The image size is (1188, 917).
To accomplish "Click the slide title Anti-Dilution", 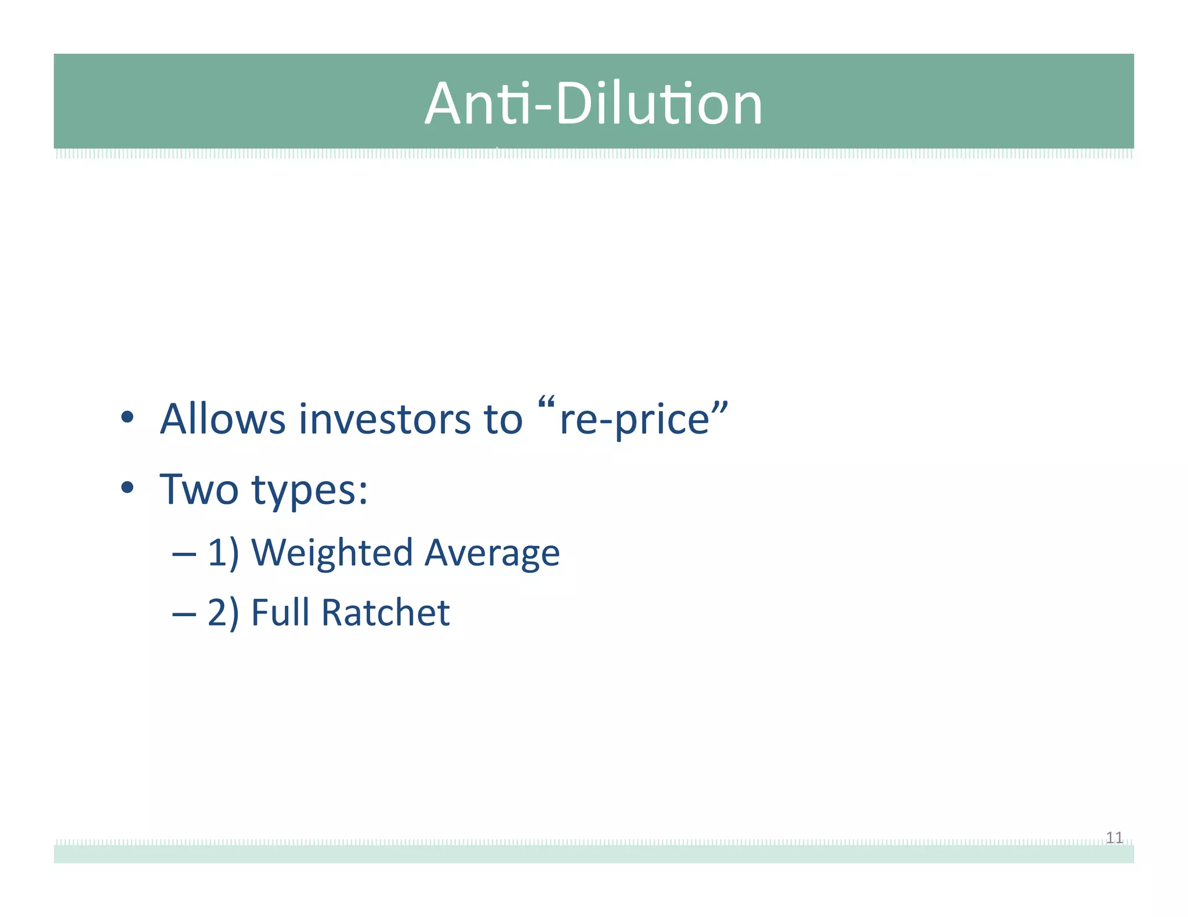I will (593, 104).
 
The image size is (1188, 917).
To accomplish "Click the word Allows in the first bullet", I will (223, 419).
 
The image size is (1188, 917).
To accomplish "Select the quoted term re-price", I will (635, 419).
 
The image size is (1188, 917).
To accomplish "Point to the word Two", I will (199, 489).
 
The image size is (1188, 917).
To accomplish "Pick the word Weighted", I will (332, 553).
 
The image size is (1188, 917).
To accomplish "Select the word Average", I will (492, 553).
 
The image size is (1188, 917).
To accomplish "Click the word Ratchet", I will (385, 612).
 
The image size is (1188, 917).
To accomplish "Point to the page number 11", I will (1114, 838).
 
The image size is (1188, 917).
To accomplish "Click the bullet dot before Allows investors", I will (128, 417).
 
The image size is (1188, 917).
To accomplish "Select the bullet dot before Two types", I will (128, 488).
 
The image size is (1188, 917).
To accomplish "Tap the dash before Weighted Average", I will (184, 554).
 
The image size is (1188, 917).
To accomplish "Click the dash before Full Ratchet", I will (184, 614).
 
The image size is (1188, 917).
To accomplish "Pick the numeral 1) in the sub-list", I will (223, 553).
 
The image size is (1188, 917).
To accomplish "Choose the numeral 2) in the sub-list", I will (223, 613).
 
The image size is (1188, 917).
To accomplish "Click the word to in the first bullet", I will (503, 419).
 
